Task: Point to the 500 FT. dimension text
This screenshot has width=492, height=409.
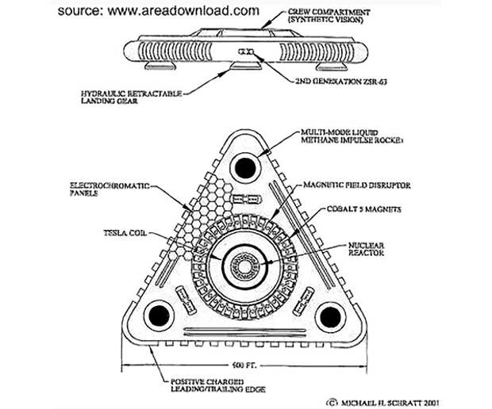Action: (245, 365)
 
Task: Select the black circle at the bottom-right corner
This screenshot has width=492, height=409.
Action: (328, 316)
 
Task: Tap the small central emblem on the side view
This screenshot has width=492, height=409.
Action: (245, 52)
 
